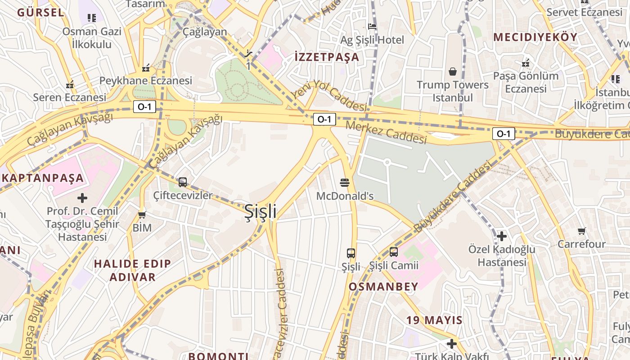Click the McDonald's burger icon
(345, 182)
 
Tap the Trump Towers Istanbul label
(452, 91)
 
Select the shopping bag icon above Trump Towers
(453, 72)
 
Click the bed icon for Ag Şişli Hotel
(372, 27)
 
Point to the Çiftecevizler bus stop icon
(183, 182)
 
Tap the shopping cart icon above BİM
(142, 215)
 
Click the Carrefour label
(581, 244)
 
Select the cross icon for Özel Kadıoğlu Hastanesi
(502, 236)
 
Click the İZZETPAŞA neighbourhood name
(327, 57)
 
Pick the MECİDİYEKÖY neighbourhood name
(535, 37)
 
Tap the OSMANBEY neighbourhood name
(383, 287)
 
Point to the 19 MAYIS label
(434, 320)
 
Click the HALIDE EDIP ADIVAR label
(132, 270)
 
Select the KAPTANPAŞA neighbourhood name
(43, 178)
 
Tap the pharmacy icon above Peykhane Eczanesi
(146, 68)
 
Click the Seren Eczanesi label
(70, 97)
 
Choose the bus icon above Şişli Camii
(394, 252)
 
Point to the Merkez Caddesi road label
(386, 132)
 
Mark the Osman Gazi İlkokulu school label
(92, 38)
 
